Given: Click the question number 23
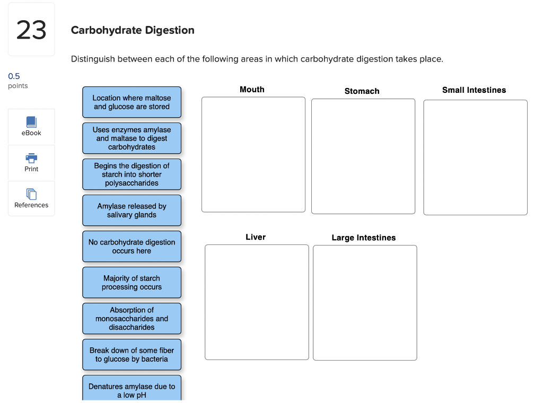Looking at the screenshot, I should (x=31, y=30).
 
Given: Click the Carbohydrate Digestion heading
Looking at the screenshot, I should (x=133, y=30).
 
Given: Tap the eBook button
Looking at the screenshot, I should (x=31, y=127).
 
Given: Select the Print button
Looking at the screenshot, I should (x=31, y=163).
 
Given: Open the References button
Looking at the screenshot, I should (x=31, y=199).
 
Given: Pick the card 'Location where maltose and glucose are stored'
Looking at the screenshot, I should (x=132, y=102).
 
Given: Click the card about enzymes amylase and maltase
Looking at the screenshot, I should (x=132, y=138).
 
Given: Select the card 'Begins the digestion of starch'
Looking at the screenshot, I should (x=132, y=174).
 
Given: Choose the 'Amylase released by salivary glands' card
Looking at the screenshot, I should (x=132, y=211).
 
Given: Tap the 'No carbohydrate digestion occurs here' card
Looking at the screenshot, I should (x=132, y=247).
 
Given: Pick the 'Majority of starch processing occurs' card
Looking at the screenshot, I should (x=132, y=283).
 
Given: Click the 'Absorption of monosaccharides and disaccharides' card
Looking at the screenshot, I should (x=132, y=319).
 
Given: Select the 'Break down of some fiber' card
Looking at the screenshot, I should (x=132, y=355).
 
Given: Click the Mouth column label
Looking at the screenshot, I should (x=252, y=90).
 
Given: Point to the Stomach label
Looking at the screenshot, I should (x=362, y=91).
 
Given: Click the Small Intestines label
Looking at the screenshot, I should (x=474, y=90).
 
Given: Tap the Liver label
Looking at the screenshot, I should (x=256, y=237).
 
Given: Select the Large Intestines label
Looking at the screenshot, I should (x=364, y=238).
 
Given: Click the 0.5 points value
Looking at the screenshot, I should (x=14, y=76).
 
